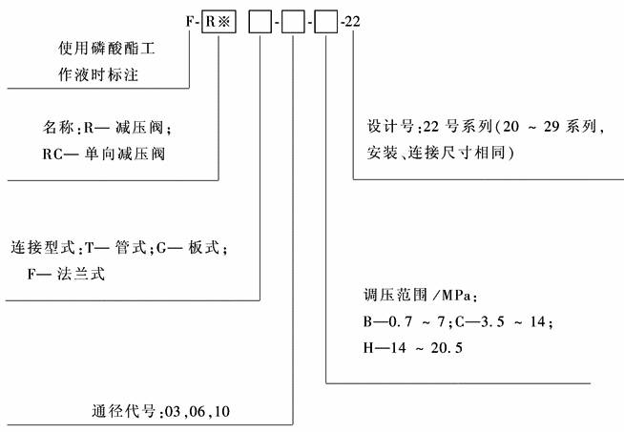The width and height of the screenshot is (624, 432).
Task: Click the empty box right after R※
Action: coord(260,19)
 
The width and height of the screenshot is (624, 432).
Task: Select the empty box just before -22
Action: coord(327,19)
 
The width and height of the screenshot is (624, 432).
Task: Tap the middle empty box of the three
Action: coord(294,19)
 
